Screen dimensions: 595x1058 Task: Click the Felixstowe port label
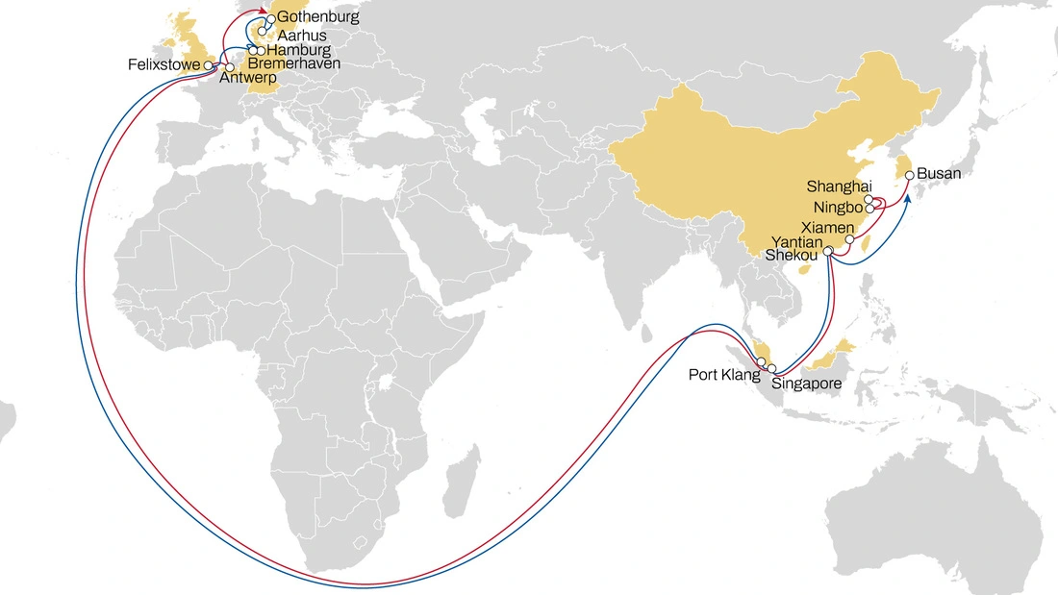pos(164,64)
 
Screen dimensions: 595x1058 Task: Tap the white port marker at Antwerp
pos(230,67)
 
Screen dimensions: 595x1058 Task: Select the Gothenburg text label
pos(317,18)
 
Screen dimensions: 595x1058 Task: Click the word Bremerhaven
pos(293,63)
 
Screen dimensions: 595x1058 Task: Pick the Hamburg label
pos(298,50)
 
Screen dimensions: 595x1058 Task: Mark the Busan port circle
pos(909,175)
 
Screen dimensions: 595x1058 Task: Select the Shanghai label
pos(839,186)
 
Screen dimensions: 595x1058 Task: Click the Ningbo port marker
pos(869,207)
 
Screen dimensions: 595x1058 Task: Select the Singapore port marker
pos(771,368)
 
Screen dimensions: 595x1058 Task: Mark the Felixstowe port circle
pos(209,64)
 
